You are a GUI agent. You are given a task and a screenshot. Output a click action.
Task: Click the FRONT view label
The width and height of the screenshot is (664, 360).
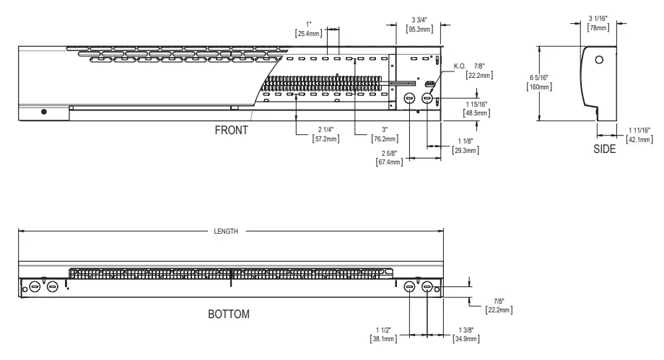click(231, 131)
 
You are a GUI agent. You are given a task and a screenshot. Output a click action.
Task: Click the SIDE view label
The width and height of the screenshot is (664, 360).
click(604, 149)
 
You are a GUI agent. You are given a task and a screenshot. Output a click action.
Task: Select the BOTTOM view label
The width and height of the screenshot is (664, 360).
click(228, 315)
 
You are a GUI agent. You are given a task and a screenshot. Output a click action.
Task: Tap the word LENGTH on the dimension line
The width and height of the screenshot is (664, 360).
click(225, 232)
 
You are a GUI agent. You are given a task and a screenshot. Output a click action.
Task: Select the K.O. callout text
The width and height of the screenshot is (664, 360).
click(460, 66)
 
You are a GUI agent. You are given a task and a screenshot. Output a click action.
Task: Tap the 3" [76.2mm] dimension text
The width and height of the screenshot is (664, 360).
click(381, 133)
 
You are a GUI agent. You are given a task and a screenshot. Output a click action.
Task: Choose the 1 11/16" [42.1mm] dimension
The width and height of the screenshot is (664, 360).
click(638, 134)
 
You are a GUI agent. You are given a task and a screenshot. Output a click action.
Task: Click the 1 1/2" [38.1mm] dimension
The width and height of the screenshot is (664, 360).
click(382, 334)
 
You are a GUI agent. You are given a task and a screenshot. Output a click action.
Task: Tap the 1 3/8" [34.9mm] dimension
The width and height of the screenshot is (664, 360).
click(465, 334)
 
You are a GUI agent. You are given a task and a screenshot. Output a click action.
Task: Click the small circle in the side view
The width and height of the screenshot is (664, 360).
click(599, 60)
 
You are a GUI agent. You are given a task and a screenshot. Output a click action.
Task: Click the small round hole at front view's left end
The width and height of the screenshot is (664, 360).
click(44, 112)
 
